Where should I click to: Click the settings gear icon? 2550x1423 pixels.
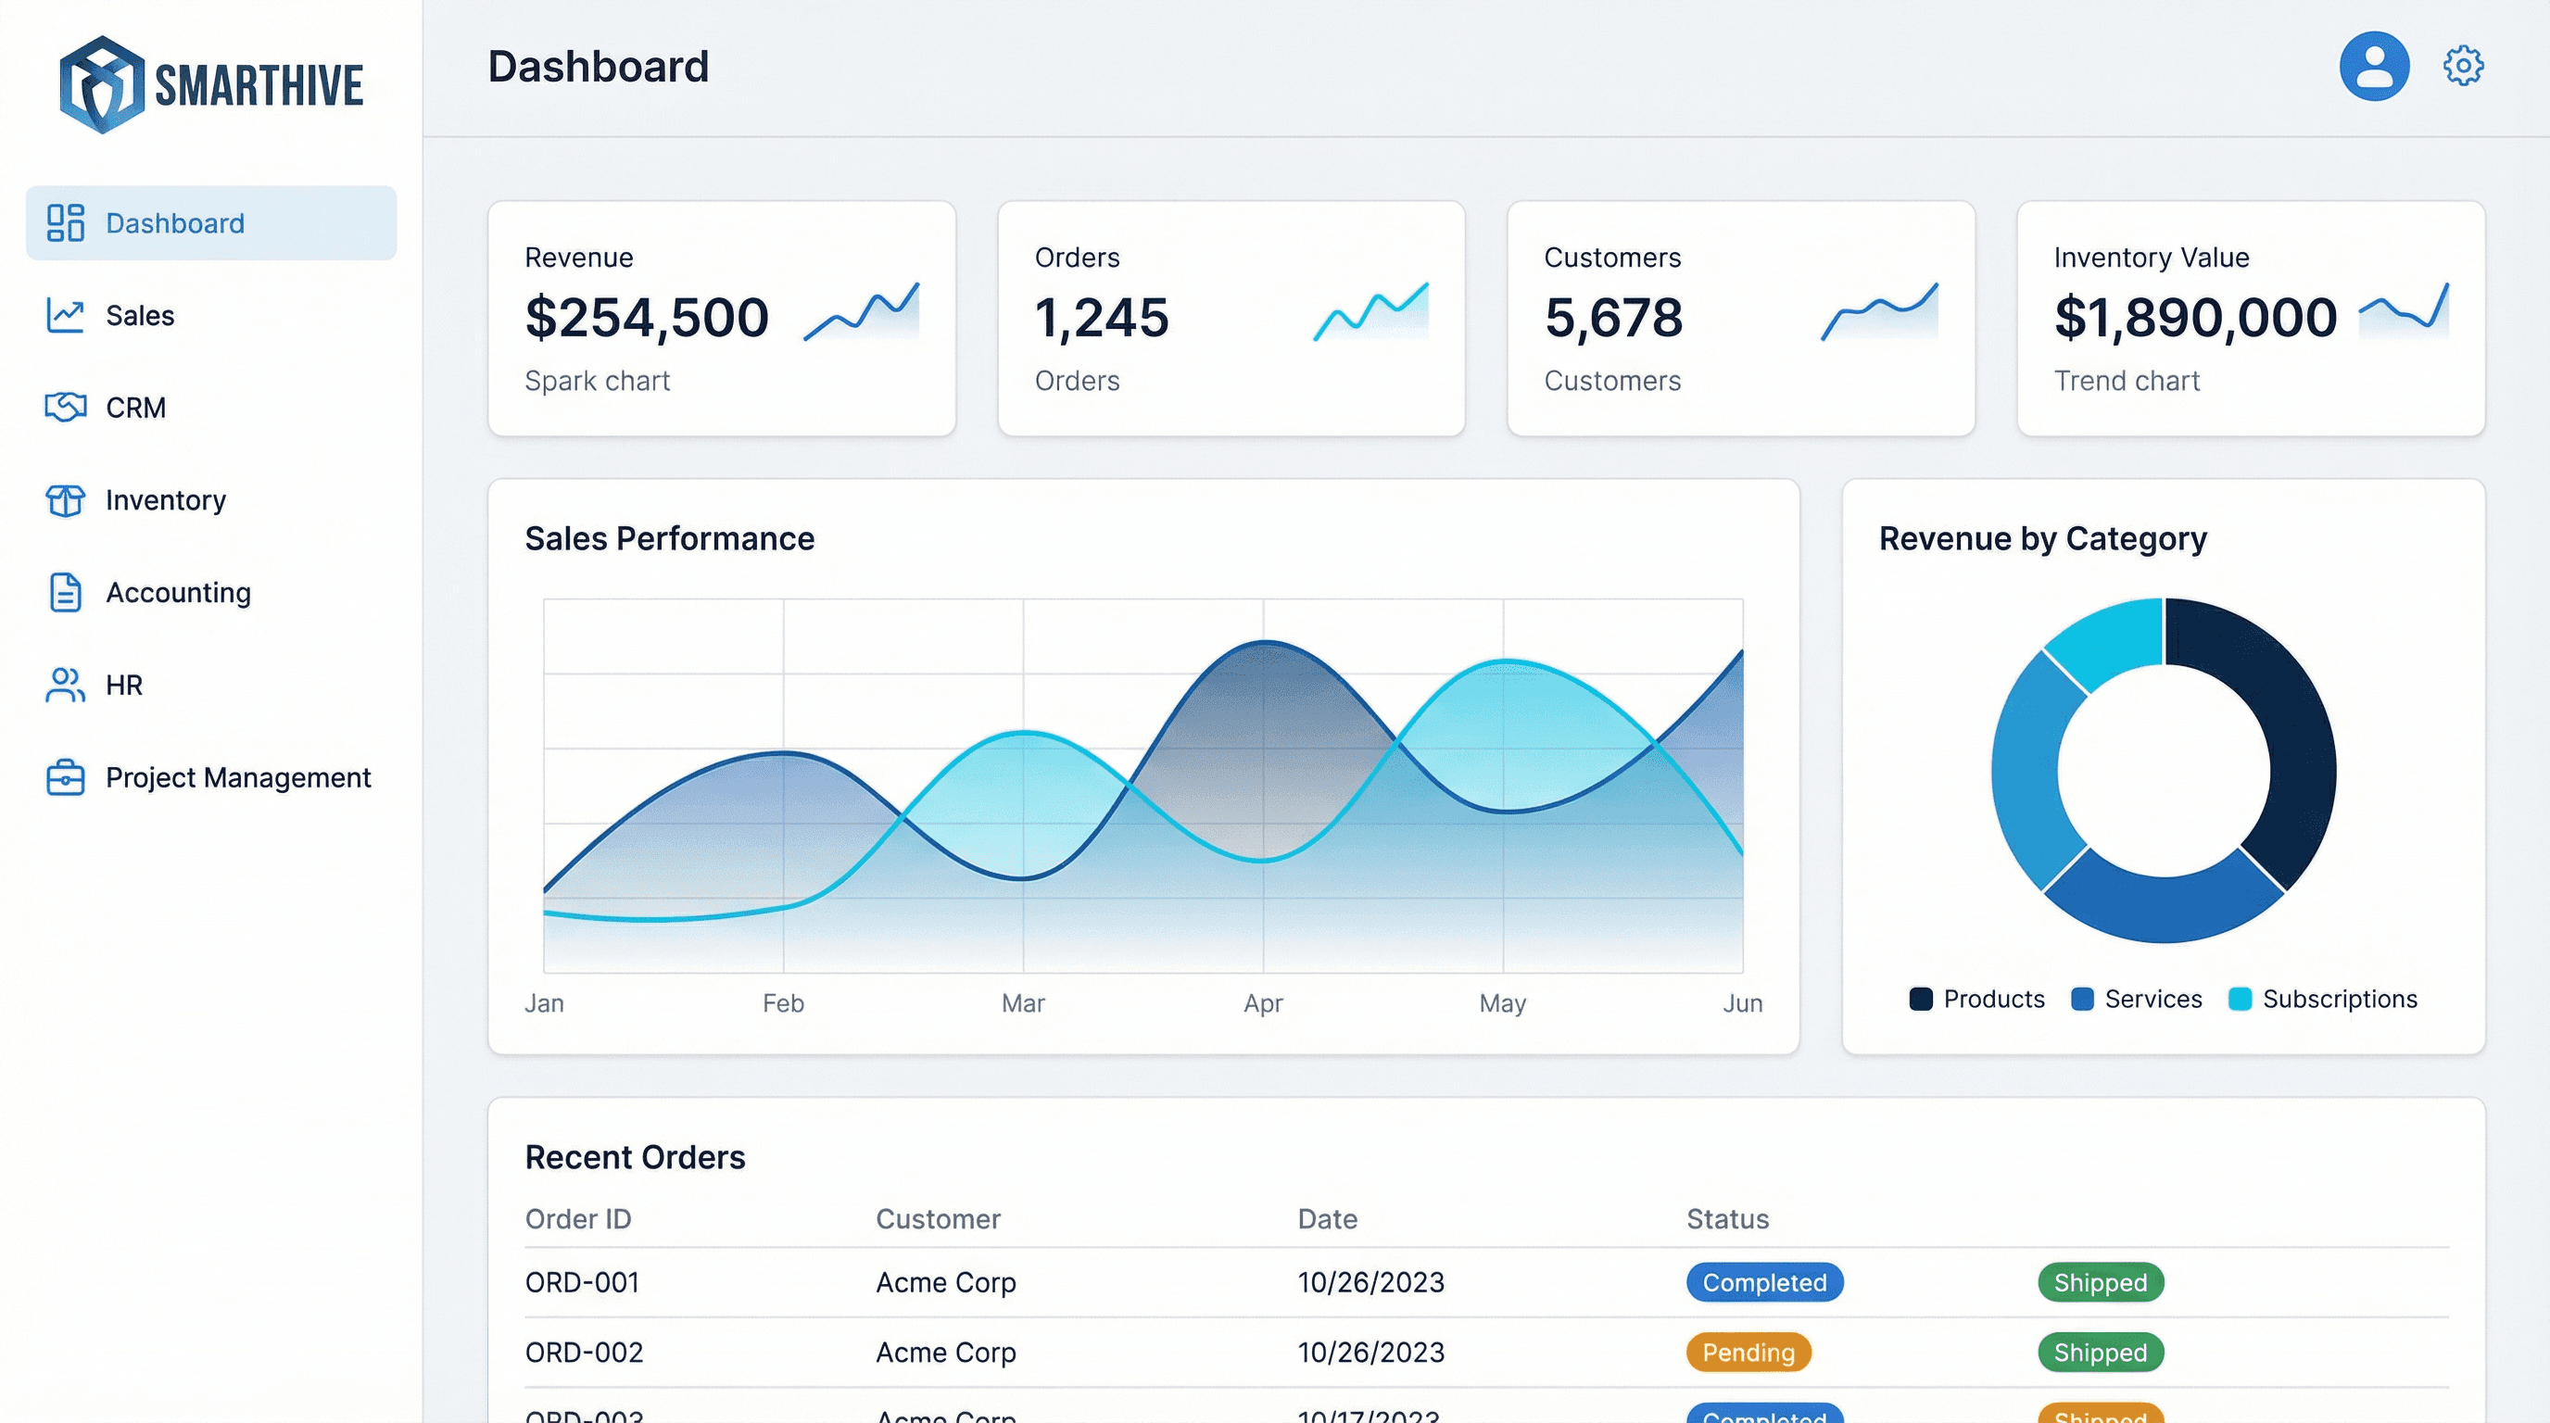coord(2462,67)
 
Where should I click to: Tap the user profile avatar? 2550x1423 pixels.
coord(2373,67)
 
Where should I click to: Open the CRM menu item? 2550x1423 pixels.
coord(135,408)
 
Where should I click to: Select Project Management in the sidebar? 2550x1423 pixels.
coord(237,778)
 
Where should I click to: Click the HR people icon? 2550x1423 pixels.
coord(66,685)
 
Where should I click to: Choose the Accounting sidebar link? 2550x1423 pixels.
coord(178,593)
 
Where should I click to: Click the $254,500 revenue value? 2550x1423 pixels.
coord(647,318)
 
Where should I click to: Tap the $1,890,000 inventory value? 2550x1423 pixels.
coord(2194,318)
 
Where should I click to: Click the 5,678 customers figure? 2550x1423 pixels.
coord(1612,318)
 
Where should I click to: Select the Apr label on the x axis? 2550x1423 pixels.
coord(1262,1003)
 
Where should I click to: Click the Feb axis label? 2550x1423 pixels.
coord(783,1003)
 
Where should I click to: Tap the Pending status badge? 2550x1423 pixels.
coord(1748,1353)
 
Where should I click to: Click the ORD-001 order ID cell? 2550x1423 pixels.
coord(582,1282)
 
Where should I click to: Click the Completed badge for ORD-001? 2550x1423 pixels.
coord(1764,1282)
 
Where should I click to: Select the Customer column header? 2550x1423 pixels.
coord(938,1219)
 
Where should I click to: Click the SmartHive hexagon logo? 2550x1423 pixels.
coord(101,84)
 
